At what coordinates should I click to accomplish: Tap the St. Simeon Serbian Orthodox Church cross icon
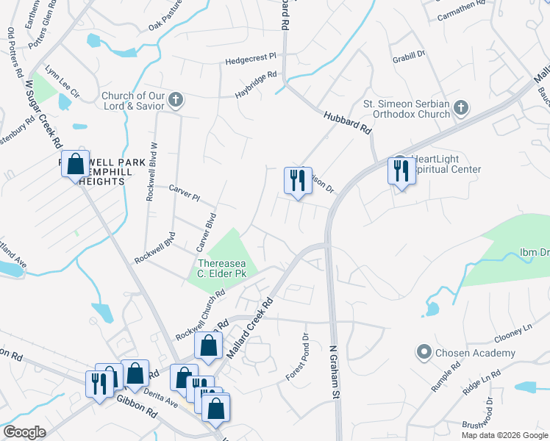[460, 109]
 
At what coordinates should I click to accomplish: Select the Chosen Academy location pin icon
[423, 353]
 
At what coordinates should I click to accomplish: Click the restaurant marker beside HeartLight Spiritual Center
[400, 171]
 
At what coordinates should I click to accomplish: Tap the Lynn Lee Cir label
[62, 76]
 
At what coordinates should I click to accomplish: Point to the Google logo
[24, 432]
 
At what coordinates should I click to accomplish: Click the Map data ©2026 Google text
[503, 435]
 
